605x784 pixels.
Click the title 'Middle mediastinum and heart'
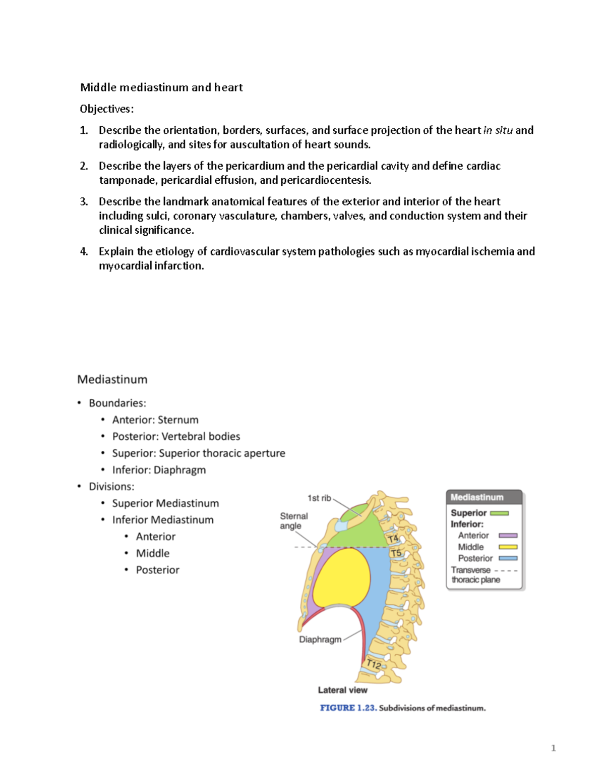pyautogui.click(x=161, y=87)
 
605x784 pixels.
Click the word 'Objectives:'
pyautogui.click(x=107, y=109)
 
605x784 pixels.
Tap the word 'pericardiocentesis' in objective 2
pyautogui.click(x=325, y=180)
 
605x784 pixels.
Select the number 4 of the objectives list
pyautogui.click(x=84, y=251)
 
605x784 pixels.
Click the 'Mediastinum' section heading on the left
pyautogui.click(x=112, y=380)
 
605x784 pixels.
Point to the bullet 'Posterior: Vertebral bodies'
pyautogui.click(x=176, y=436)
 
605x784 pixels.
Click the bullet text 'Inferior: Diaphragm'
pyautogui.click(x=159, y=470)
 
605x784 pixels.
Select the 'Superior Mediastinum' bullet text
pyautogui.click(x=165, y=503)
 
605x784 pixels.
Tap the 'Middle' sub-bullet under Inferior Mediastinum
pyautogui.click(x=152, y=553)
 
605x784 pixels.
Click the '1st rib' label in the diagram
pyautogui.click(x=319, y=498)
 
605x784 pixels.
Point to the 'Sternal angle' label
pyautogui.click(x=293, y=521)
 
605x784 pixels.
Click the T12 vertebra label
pyautogui.click(x=374, y=664)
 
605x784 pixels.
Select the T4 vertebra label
pyautogui.click(x=393, y=539)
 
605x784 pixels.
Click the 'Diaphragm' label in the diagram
pyautogui.click(x=320, y=640)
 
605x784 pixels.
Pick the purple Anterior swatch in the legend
pyautogui.click(x=508, y=536)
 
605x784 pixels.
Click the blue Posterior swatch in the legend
pyautogui.click(x=508, y=558)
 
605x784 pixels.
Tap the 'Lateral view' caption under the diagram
pyautogui.click(x=342, y=690)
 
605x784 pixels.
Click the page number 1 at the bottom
pyautogui.click(x=553, y=748)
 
